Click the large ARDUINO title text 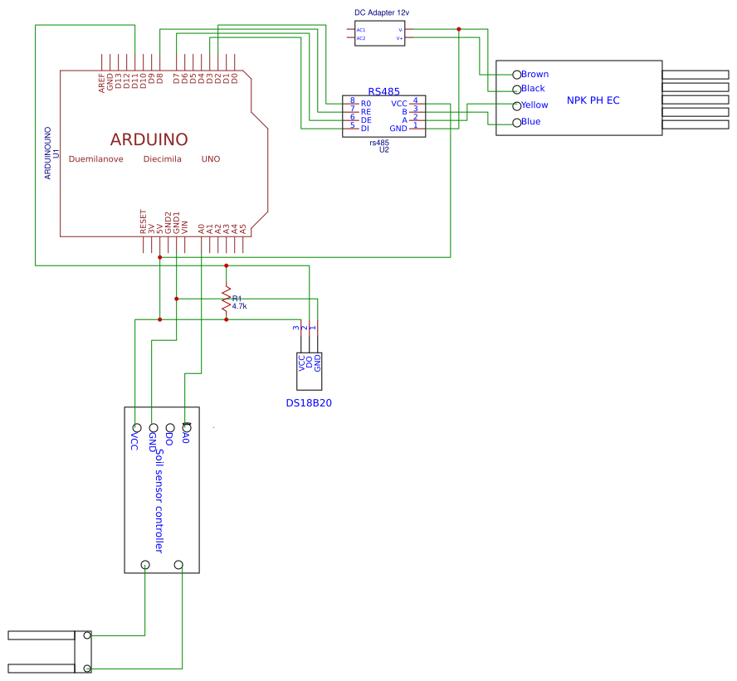[149, 139]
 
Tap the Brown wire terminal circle [516, 75]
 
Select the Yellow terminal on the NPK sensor [516, 105]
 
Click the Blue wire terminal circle [516, 123]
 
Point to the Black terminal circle [516, 89]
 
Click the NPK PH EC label [593, 100]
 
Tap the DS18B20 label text [309, 404]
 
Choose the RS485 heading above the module [383, 91]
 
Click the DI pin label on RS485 [364, 129]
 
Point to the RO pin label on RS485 [365, 104]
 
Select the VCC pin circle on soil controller [136, 427]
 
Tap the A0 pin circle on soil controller [186, 427]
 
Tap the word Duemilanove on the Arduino [96, 158]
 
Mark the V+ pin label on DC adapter [399, 38]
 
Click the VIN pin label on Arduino [185, 225]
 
